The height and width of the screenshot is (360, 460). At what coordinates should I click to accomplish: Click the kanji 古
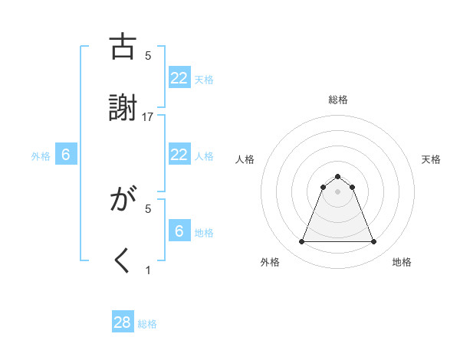pos(123,47)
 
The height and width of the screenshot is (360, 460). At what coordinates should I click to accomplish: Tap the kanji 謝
pos(123,108)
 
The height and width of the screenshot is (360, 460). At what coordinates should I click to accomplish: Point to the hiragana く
pos(123,261)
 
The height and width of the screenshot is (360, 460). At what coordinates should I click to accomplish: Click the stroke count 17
pos(148,116)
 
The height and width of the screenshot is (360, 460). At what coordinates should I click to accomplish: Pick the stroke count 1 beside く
pos(148,270)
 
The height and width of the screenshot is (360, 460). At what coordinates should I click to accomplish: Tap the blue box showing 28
pos(123,322)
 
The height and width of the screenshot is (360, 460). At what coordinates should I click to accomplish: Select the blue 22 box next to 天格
pos(179,77)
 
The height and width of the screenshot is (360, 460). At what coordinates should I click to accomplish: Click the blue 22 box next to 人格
pos(179,155)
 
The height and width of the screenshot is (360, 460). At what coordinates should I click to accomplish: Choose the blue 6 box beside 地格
pos(179,231)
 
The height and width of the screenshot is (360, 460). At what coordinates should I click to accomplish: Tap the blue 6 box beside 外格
pos(66,155)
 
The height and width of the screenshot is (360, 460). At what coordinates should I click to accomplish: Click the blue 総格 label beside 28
pos(147,324)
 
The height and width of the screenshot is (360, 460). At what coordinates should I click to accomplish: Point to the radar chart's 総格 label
pos(337,100)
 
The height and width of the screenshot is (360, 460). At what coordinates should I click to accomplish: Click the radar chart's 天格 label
pos(432,159)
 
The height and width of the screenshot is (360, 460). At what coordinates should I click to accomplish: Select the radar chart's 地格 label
pos(402,262)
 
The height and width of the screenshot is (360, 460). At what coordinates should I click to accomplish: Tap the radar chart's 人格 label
pos(245,159)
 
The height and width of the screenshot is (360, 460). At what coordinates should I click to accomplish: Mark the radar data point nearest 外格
pos(301,242)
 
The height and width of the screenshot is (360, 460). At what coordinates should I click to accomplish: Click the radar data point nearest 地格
pos(373,242)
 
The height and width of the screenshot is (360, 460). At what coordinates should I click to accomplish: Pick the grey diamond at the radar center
pos(337,191)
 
